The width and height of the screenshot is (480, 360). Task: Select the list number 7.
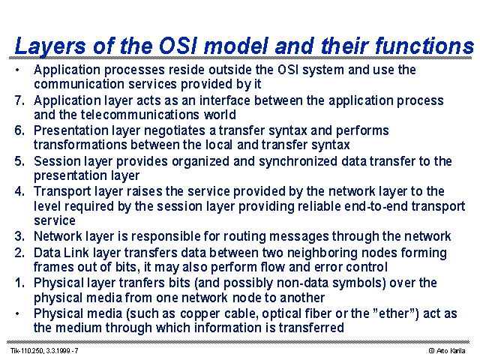coord(19,100)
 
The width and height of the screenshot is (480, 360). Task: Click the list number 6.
coord(19,130)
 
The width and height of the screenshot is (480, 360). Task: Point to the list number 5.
coord(19,161)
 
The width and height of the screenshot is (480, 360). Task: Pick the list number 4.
coord(19,191)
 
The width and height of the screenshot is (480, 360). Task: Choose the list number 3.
coord(19,236)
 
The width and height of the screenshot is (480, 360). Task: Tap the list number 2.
coord(19,253)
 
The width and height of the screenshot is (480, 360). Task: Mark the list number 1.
coord(19,283)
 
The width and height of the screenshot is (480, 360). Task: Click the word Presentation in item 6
coord(71,130)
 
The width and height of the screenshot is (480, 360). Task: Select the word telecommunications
coord(140,115)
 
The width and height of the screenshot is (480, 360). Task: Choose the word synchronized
coord(298,162)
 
